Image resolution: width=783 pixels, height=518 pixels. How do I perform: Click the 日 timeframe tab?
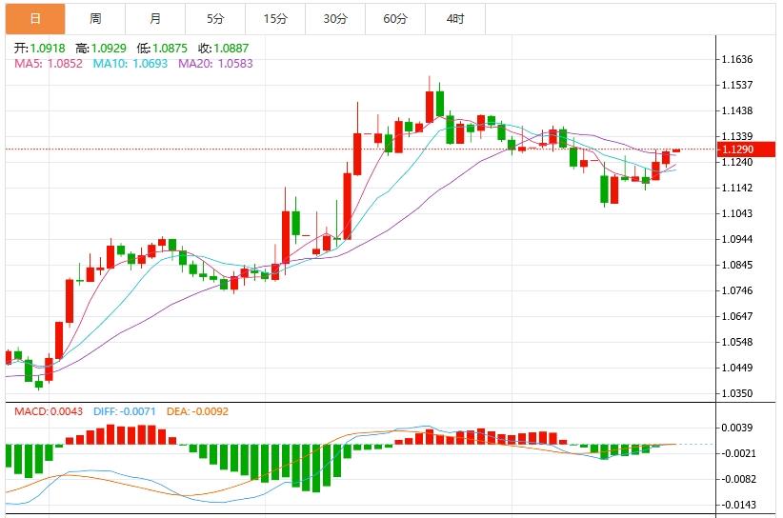coord(35,19)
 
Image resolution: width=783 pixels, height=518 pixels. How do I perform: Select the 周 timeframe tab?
coord(95,19)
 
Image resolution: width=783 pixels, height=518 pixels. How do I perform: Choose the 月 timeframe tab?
coord(155,19)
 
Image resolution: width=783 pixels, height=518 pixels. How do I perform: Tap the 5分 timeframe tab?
coord(215,19)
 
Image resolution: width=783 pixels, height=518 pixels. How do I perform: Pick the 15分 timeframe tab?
coord(275,19)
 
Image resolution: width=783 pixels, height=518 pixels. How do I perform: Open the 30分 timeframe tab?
coord(335,19)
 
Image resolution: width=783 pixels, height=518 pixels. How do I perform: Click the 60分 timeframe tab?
coord(395,19)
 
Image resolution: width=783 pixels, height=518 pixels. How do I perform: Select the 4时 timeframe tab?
coord(455,19)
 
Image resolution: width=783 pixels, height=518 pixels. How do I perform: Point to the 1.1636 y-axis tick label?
coord(737,59)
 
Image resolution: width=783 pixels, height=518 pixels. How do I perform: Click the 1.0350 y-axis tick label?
coord(737,393)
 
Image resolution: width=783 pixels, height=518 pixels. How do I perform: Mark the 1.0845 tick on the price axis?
coord(737,265)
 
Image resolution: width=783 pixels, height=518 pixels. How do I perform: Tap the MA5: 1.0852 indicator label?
coord(49,63)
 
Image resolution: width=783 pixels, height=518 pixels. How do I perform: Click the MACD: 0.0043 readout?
coord(49,411)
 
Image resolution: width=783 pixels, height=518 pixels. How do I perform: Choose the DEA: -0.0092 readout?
coord(197,411)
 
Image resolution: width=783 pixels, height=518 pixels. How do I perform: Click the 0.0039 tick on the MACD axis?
coord(737,428)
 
